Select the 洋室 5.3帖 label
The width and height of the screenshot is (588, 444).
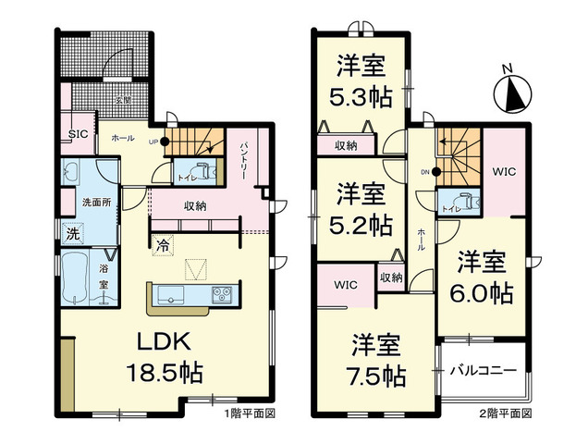361,80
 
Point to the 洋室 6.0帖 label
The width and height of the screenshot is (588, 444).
483,277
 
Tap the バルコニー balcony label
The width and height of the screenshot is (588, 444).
482,372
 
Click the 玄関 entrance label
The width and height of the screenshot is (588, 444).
123,96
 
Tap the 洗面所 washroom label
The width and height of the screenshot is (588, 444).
92,202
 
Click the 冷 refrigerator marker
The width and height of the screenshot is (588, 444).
163,246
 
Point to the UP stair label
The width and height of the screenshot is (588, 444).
153,142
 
